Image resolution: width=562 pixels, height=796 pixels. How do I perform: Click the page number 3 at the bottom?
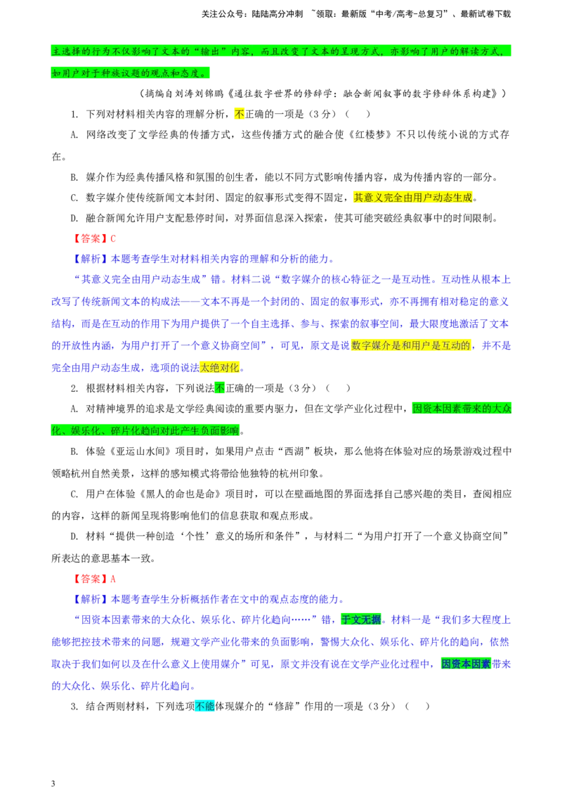pyautogui.click(x=53, y=783)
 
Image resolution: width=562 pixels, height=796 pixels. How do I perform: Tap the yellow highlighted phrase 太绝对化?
pyautogui.click(x=220, y=368)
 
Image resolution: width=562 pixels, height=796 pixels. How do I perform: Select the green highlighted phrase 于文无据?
pyautogui.click(x=360, y=620)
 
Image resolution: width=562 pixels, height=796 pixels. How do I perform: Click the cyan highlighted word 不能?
pyautogui.click(x=205, y=706)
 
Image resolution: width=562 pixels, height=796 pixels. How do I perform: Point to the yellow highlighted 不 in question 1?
pyautogui.click(x=240, y=114)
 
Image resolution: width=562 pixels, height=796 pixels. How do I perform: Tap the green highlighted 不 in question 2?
pyautogui.click(x=220, y=388)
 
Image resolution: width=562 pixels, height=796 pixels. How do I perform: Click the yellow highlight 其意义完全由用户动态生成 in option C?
pyautogui.click(x=413, y=198)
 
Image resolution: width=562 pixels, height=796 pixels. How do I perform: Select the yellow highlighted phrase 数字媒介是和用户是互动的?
pyautogui.click(x=411, y=346)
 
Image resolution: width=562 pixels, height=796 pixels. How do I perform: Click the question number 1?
pyautogui.click(x=74, y=114)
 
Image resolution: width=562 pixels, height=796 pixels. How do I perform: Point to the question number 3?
pyautogui.click(x=74, y=706)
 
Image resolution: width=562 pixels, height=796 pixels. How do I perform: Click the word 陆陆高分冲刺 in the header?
pyautogui.click(x=277, y=14)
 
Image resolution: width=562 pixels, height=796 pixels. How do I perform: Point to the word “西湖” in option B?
pyautogui.click(x=294, y=451)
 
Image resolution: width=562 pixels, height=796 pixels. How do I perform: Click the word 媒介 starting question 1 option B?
pyautogui.click(x=96, y=177)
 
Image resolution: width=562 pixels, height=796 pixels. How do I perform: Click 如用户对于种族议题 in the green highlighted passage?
pyautogui.click(x=96, y=73)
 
